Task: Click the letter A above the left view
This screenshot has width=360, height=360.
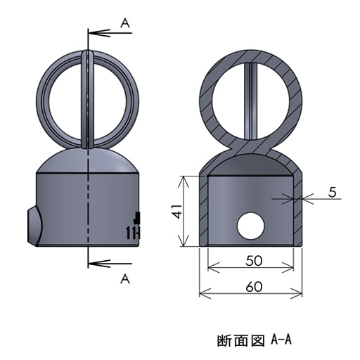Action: [x=125, y=23]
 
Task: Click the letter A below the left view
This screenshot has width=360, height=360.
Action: [x=125, y=279]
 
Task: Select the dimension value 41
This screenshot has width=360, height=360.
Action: [x=178, y=211]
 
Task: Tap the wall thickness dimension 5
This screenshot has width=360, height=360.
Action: [x=331, y=191]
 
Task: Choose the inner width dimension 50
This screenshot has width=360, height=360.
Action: [x=254, y=260]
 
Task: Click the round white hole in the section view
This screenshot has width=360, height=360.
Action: [x=252, y=226]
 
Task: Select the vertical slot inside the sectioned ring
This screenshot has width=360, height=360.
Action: [x=252, y=105]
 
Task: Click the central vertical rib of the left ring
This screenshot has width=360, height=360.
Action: [x=88, y=98]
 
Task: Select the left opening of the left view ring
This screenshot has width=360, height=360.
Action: [x=65, y=98]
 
